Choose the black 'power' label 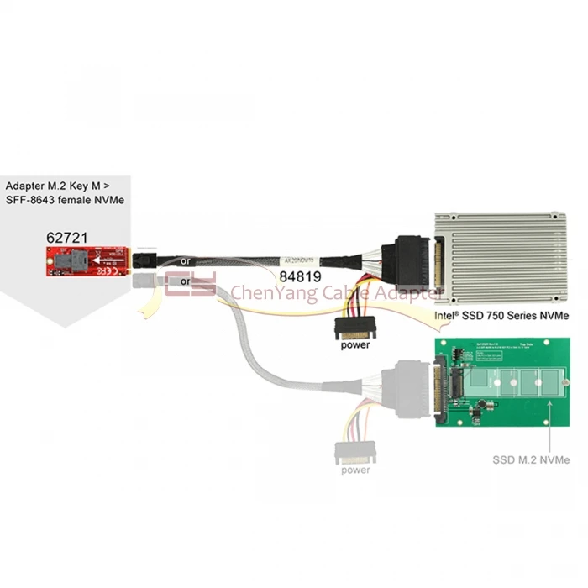click(355, 344)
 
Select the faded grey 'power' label click(355, 470)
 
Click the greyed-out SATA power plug click(355, 452)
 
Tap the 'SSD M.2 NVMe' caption click(531, 459)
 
